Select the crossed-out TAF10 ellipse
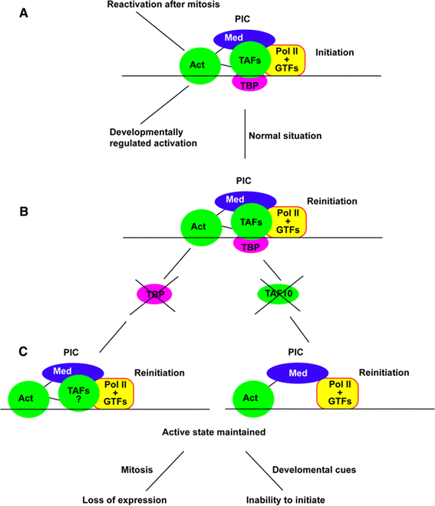(x=279, y=294)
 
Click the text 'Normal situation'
(x=285, y=136)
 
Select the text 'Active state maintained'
(x=214, y=433)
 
